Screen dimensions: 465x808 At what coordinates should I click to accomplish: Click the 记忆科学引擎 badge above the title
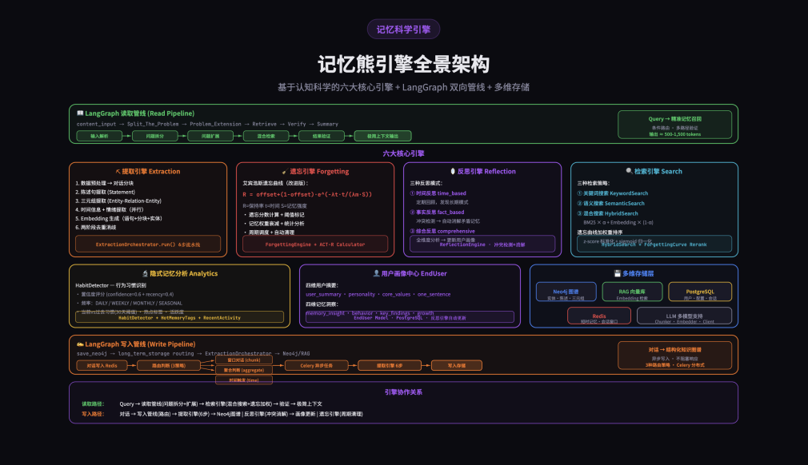click(403, 30)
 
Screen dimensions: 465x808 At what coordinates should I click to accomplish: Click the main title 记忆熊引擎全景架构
click(403, 64)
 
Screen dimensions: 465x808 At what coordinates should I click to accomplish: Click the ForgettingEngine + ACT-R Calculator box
click(315, 244)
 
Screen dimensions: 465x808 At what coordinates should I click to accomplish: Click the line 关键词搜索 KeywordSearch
click(615, 193)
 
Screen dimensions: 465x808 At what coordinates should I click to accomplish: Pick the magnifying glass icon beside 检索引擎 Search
click(630, 171)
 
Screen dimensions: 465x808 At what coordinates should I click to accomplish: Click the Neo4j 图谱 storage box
click(567, 292)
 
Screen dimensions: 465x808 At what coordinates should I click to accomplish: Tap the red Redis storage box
click(598, 316)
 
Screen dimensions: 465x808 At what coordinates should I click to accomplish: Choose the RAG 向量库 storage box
click(631, 292)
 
